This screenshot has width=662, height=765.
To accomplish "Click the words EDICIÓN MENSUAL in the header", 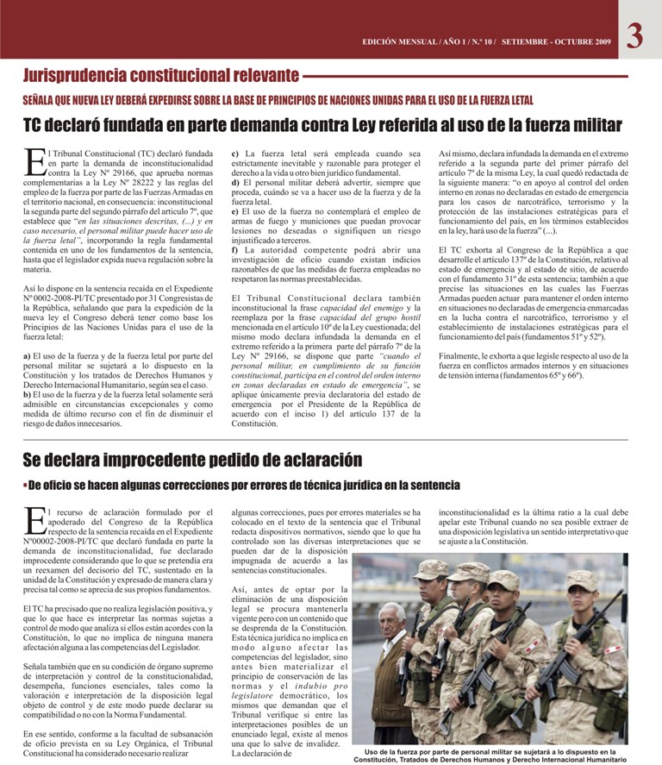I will tap(400, 41).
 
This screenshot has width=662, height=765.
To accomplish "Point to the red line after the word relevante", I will tap(465, 78).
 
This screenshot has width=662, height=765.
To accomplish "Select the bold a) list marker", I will tap(28, 355).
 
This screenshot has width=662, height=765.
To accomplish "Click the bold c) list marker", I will tap(236, 153).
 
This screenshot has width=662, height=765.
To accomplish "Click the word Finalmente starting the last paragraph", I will tap(462, 354).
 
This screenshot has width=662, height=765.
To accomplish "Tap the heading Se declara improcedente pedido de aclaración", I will tap(192, 460).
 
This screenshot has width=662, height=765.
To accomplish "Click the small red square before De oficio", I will tap(25, 486).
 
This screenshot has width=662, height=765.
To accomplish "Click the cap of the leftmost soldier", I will tap(430, 568).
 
